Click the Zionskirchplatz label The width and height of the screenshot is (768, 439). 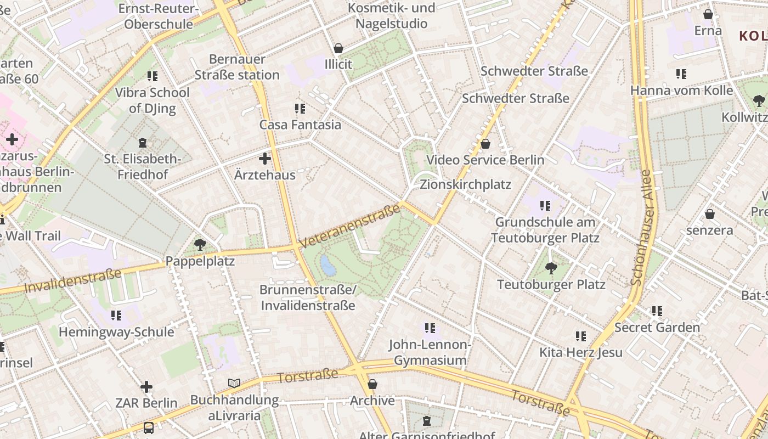click(x=465, y=184)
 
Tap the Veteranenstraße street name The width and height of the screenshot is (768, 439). click(x=350, y=226)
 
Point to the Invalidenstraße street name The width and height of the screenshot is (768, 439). click(x=72, y=281)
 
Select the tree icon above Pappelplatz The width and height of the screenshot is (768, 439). click(x=200, y=245)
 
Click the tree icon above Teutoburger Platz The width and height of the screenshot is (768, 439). click(x=551, y=268)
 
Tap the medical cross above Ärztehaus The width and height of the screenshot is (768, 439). click(x=265, y=159)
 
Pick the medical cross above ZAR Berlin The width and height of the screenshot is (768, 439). click(x=146, y=387)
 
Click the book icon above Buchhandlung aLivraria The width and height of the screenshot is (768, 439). click(x=234, y=383)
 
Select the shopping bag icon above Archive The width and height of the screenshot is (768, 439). click(x=372, y=384)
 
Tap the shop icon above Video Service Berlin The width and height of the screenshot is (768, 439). click(x=485, y=144)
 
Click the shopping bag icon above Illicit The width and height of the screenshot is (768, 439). click(x=338, y=48)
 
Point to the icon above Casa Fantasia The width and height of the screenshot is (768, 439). click(x=300, y=109)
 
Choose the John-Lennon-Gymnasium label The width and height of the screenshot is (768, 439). click(x=430, y=352)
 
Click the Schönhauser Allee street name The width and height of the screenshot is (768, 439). click(x=641, y=228)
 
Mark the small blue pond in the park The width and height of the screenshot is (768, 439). click(x=328, y=265)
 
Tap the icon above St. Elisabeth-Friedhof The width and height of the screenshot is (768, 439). click(x=143, y=143)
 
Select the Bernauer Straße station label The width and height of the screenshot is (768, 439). click(x=237, y=67)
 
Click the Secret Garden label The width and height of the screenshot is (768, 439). click(x=657, y=328)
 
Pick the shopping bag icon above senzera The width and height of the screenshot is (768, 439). click(x=710, y=214)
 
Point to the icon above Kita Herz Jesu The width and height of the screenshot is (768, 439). click(x=581, y=336)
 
